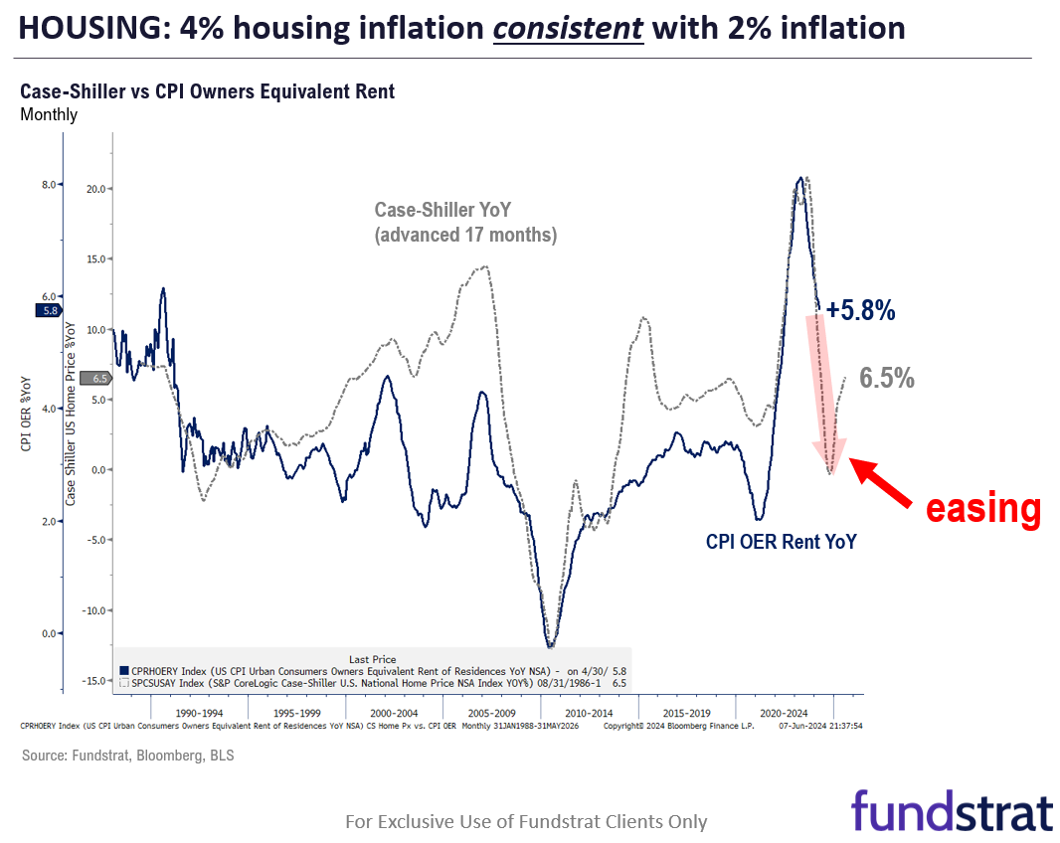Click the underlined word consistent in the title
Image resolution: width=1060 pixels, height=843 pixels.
pyautogui.click(x=568, y=28)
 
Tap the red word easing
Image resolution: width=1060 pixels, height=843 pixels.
pyautogui.click(x=982, y=508)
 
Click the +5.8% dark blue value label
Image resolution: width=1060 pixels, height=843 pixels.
pyautogui.click(x=860, y=311)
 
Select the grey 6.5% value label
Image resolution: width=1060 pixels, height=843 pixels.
pyautogui.click(x=887, y=378)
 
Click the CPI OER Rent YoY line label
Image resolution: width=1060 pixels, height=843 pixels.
pyautogui.click(x=781, y=542)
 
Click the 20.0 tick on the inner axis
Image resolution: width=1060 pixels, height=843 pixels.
pyautogui.click(x=95, y=189)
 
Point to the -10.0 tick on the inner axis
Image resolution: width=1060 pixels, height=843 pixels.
pyautogui.click(x=92, y=611)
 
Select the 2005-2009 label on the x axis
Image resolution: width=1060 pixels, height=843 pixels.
pyautogui.click(x=490, y=714)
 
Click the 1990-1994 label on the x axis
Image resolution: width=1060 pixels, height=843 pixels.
pyautogui.click(x=198, y=714)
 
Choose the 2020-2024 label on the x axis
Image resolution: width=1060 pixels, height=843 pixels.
pyautogui.click(x=784, y=714)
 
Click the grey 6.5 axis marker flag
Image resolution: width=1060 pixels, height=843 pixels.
pyautogui.click(x=96, y=378)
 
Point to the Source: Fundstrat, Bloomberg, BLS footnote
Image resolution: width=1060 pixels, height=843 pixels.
pyautogui.click(x=127, y=756)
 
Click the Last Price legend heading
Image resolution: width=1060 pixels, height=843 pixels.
pyautogui.click(x=373, y=659)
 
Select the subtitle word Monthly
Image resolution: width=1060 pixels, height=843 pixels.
pyautogui.click(x=49, y=114)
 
